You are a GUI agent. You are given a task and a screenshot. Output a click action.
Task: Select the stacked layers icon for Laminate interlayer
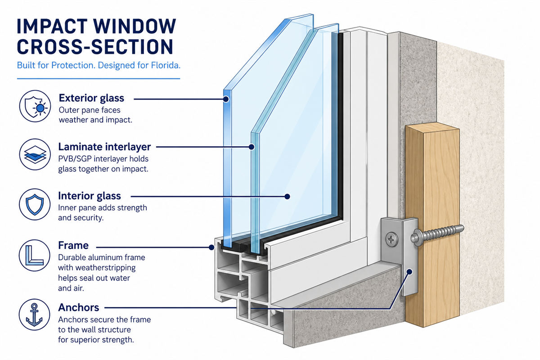[x=35, y=154]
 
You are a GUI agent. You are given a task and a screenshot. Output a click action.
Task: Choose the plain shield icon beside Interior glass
[x=35, y=204]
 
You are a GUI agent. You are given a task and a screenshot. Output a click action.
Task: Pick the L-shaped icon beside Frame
[x=35, y=255]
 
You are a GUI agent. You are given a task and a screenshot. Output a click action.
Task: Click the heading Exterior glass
[x=91, y=98]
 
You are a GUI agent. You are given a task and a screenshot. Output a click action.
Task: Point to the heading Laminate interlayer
[x=104, y=147]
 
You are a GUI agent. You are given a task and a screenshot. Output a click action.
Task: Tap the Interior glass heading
[x=90, y=196]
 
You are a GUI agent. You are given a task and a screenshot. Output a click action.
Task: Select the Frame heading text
[x=73, y=245]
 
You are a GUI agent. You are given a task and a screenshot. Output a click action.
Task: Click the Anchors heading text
[x=79, y=307]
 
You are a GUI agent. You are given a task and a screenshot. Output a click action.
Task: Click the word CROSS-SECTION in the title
[x=95, y=46]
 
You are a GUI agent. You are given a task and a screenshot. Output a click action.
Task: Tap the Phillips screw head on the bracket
[x=391, y=239]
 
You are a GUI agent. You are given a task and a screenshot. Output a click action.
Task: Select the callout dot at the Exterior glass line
[x=226, y=99]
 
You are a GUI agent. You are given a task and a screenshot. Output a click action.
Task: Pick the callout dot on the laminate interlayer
[x=252, y=147]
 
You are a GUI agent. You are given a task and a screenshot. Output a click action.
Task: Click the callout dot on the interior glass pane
[x=287, y=197]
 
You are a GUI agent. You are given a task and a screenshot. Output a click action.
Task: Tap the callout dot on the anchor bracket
[x=409, y=272]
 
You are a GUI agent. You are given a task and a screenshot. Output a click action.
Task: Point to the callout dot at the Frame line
[x=211, y=247]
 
